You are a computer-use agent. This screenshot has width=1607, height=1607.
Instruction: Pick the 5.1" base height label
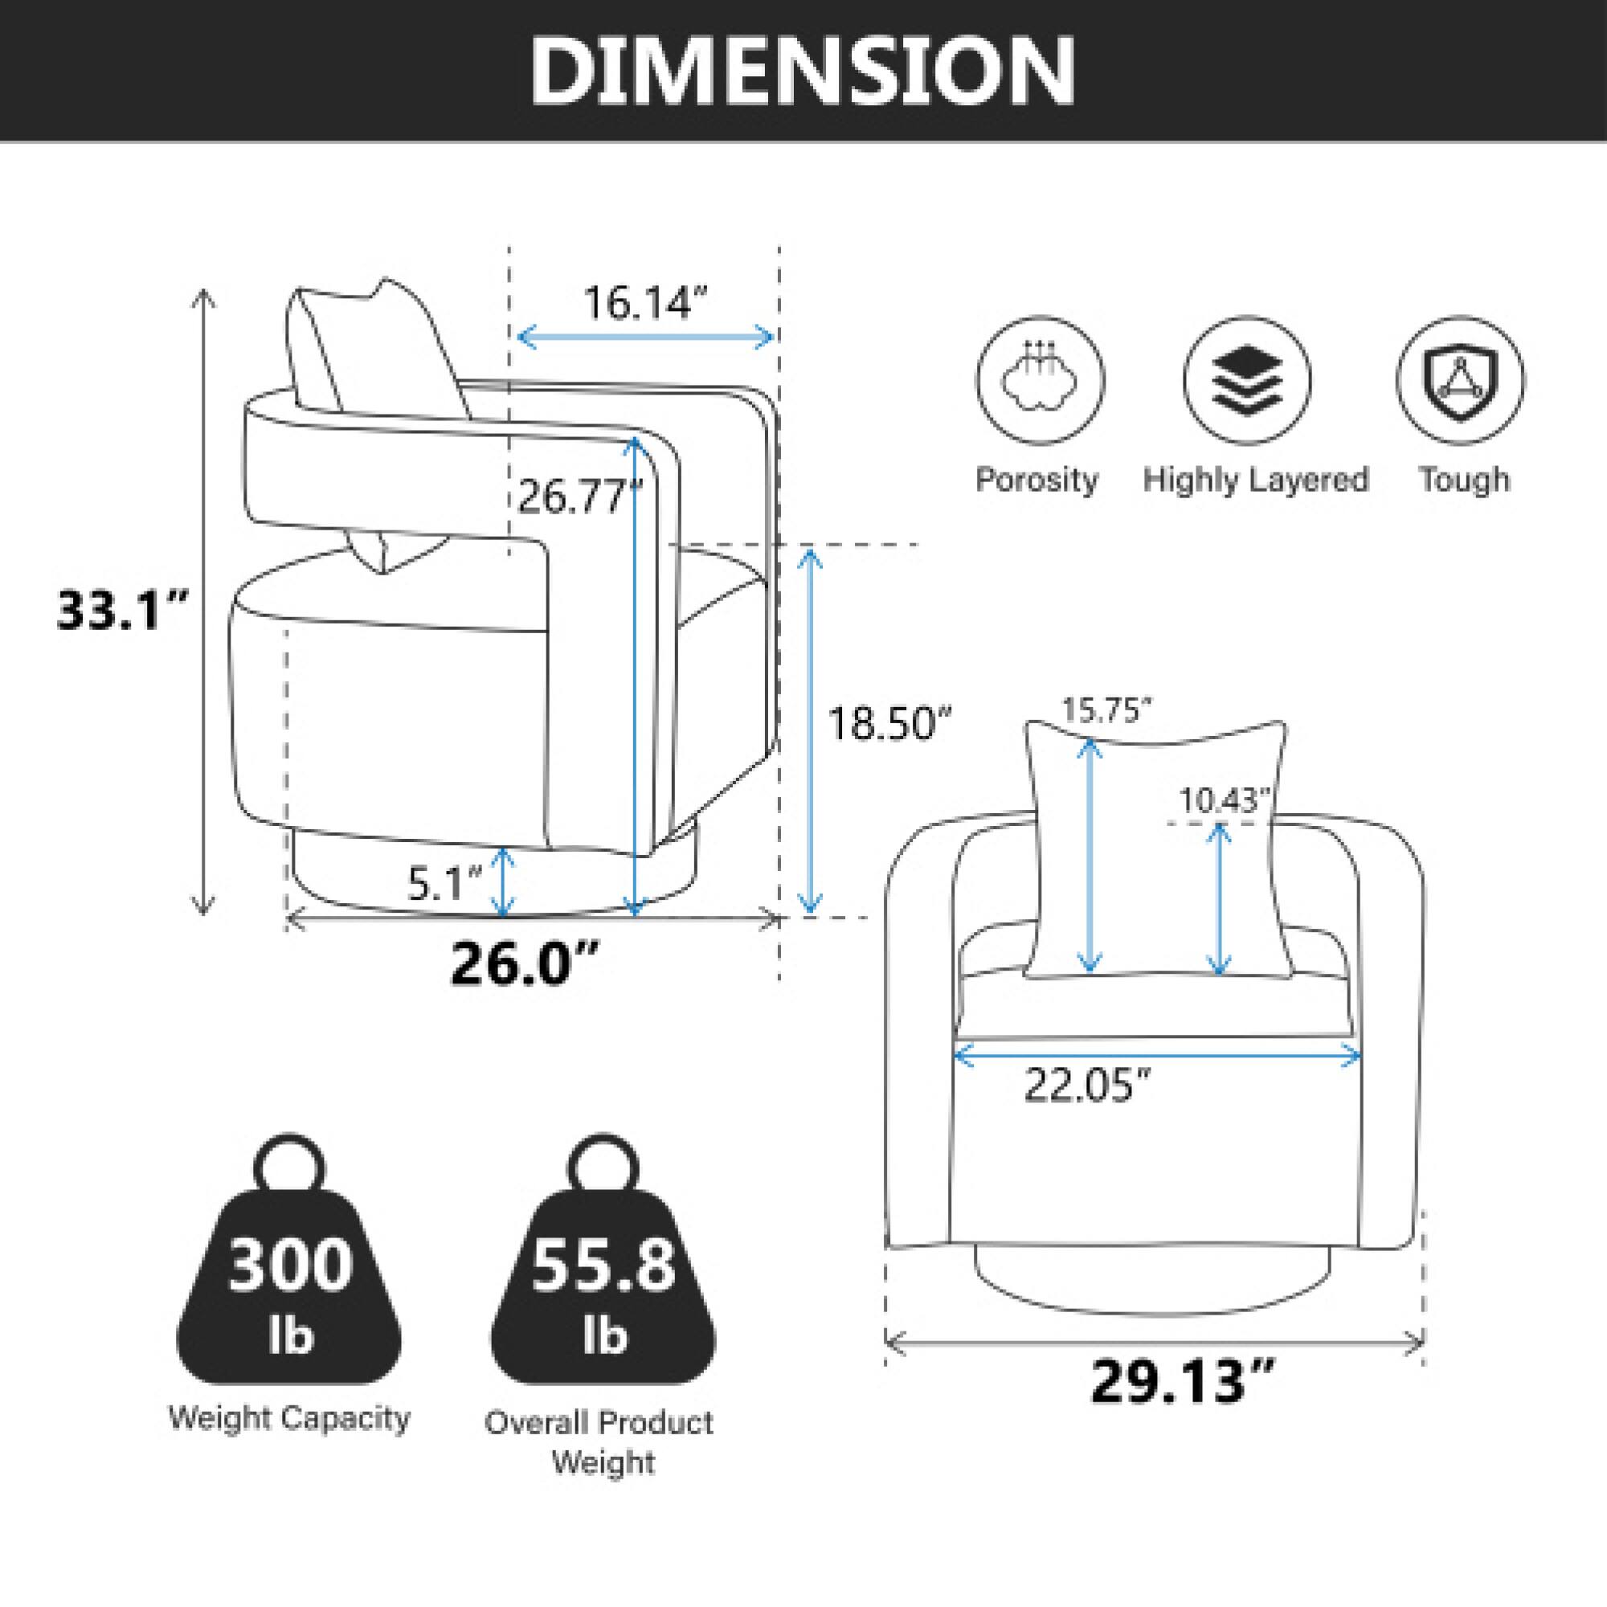click(x=445, y=884)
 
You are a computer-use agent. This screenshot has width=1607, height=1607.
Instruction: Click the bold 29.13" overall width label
click(x=1182, y=1380)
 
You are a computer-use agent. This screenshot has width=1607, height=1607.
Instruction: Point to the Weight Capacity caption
click(x=289, y=1418)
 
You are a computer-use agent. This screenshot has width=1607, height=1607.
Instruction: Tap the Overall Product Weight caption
click(x=599, y=1443)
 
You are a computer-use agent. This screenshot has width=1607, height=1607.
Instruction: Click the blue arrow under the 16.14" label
click(x=645, y=337)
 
